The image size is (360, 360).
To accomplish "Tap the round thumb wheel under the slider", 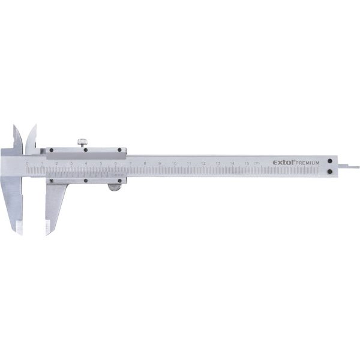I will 113,188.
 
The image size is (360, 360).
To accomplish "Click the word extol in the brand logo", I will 284,162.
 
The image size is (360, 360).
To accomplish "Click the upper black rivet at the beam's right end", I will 331,160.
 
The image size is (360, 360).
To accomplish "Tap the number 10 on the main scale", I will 174,163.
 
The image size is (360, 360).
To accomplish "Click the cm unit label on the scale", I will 257,163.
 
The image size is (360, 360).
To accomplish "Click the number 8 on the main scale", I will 145,163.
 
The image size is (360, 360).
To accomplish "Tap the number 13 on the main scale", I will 218,163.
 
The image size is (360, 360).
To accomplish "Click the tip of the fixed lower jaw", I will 20,230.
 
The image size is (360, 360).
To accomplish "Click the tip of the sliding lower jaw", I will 48,230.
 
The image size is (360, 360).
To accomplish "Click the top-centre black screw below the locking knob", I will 85,150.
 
